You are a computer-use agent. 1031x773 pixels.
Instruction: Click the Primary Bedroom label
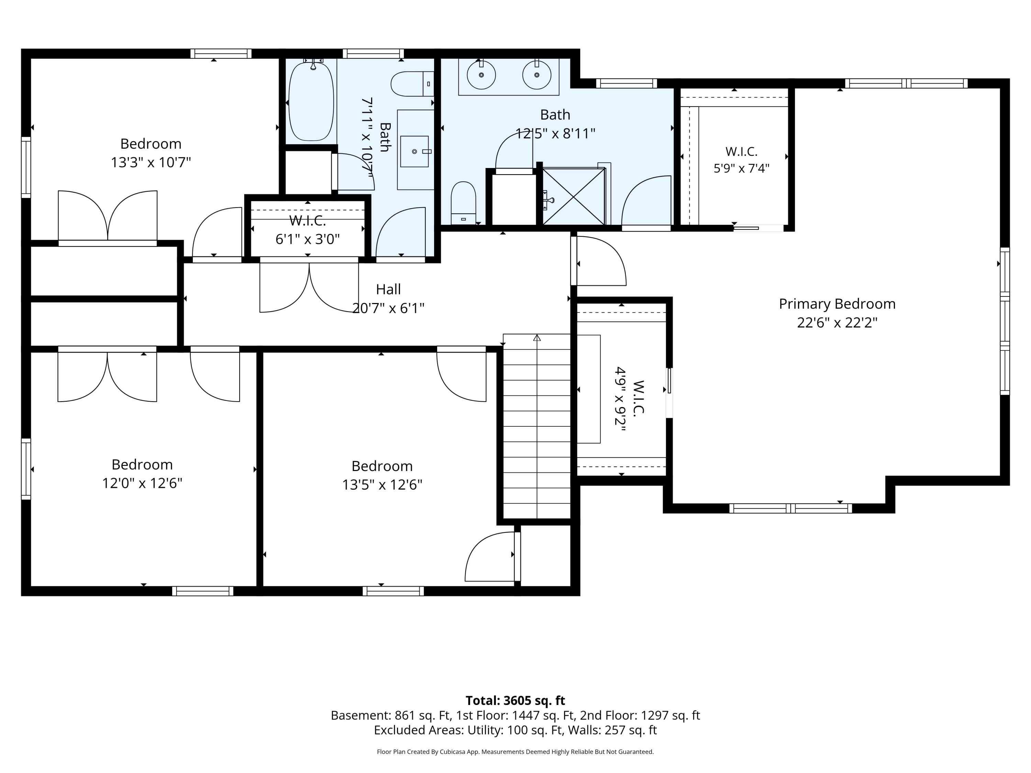point(837,304)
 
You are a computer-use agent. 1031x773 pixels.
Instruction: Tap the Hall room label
point(388,289)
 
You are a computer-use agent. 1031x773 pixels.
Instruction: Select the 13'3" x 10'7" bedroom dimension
point(151,163)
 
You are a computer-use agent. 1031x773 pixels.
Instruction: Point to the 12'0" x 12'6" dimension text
point(142,483)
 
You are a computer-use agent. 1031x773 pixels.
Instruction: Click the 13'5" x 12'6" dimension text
point(382,485)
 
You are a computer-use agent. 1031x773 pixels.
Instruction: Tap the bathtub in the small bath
point(311,101)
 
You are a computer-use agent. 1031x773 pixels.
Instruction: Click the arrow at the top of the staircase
point(537,337)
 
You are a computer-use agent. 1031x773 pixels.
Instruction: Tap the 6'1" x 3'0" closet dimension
point(308,239)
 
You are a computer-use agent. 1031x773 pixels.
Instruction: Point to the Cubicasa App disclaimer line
point(515,752)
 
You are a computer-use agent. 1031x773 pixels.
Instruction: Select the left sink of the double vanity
point(481,75)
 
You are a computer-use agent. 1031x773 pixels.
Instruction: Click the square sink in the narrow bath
point(414,152)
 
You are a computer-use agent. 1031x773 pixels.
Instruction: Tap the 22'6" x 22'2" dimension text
point(837,323)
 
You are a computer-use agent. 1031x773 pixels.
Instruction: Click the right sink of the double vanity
point(536,75)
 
